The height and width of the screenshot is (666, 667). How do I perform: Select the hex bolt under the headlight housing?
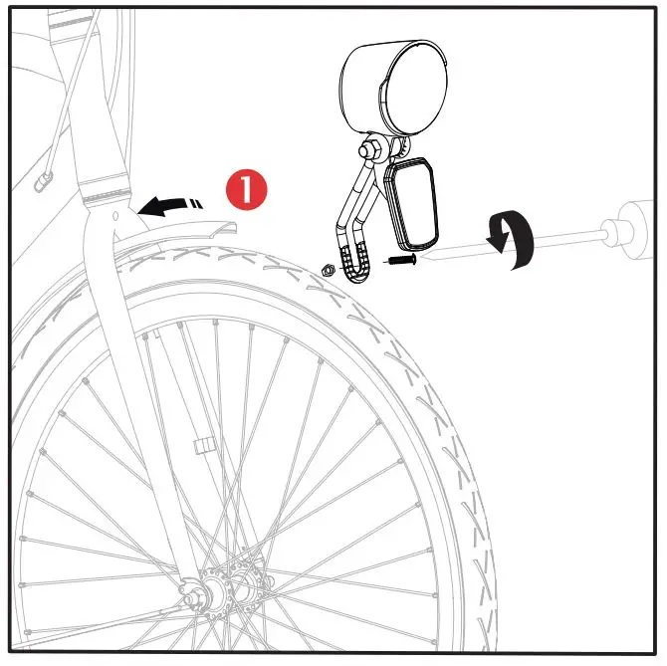pos(369,146)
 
